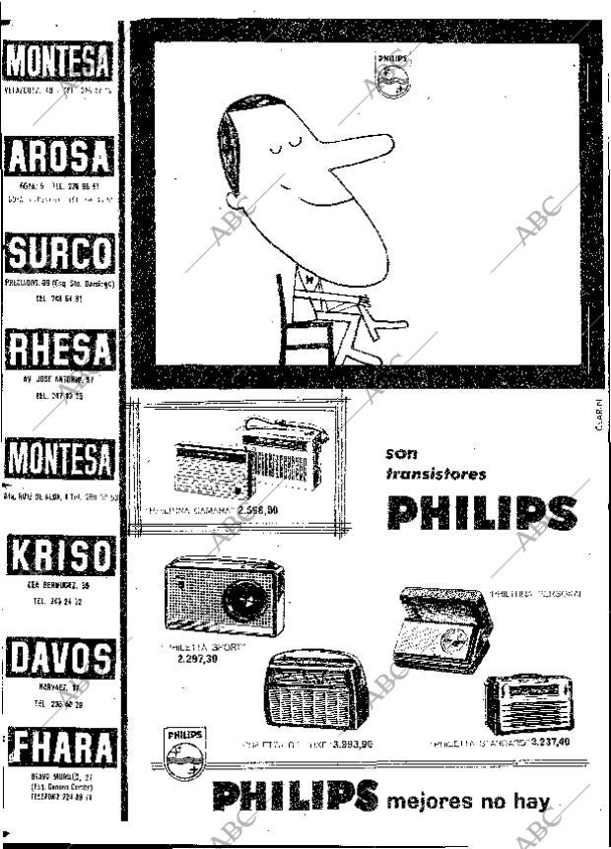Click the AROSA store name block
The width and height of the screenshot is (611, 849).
click(58, 158)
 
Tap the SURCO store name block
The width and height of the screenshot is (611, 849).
click(58, 253)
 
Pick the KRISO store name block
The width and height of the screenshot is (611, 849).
click(58, 556)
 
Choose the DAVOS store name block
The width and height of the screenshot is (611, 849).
click(58, 657)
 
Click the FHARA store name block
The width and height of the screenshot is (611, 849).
click(58, 748)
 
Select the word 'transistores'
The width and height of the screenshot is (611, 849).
click(437, 474)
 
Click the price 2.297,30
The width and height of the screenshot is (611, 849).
click(198, 658)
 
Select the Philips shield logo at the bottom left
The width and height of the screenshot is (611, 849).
click(184, 753)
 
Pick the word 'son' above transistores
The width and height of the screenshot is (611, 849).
click(401, 454)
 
